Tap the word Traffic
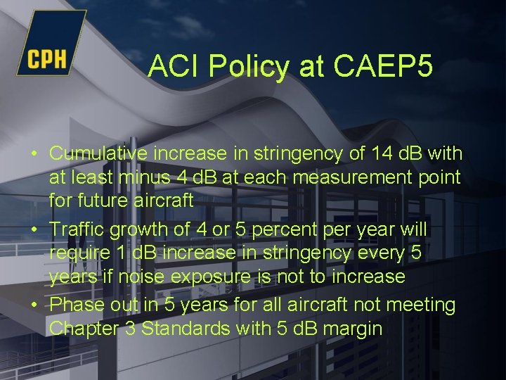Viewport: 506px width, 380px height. pos(78,230)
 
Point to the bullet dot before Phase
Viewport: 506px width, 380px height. pos(34,305)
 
